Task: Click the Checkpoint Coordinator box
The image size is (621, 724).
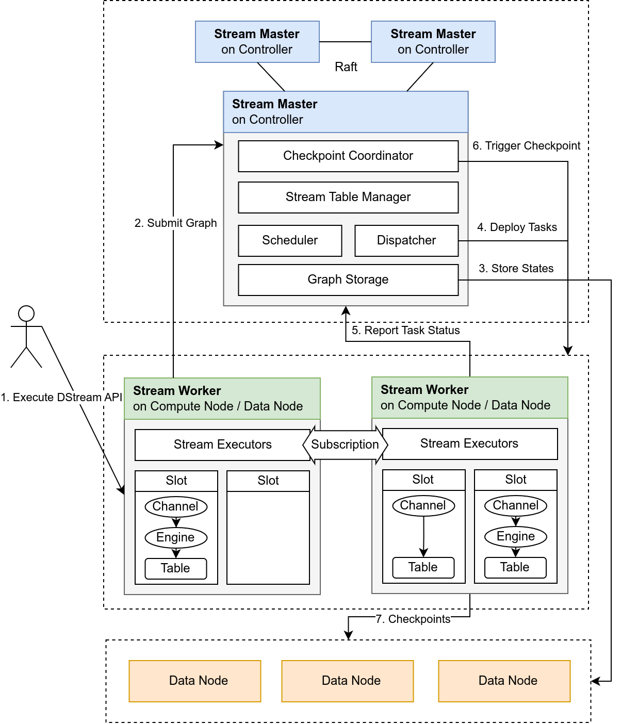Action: (x=348, y=156)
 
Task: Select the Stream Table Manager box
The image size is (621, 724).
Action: (x=348, y=197)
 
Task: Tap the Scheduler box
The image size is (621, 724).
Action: (x=290, y=240)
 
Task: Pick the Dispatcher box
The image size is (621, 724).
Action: (x=406, y=240)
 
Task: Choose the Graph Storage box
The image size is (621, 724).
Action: (x=348, y=279)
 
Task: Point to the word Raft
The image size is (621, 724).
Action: (x=346, y=67)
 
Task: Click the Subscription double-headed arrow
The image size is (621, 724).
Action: (x=345, y=445)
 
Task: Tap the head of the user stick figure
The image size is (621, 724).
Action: (x=26, y=314)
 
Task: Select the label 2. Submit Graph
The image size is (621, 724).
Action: (x=175, y=223)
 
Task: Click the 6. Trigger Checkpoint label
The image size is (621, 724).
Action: (x=526, y=146)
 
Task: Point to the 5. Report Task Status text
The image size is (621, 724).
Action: (x=405, y=331)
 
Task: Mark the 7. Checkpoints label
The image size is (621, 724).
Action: (x=413, y=619)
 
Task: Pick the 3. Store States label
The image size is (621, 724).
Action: (x=516, y=269)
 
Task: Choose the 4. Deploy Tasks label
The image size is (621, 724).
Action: (x=517, y=227)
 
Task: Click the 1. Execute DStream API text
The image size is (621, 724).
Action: (x=61, y=398)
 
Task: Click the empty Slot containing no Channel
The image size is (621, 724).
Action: (x=268, y=536)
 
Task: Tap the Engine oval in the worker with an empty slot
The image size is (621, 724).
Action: (x=176, y=537)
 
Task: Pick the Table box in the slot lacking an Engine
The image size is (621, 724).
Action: (x=423, y=567)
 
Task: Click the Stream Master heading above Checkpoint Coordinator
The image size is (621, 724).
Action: (x=274, y=104)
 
